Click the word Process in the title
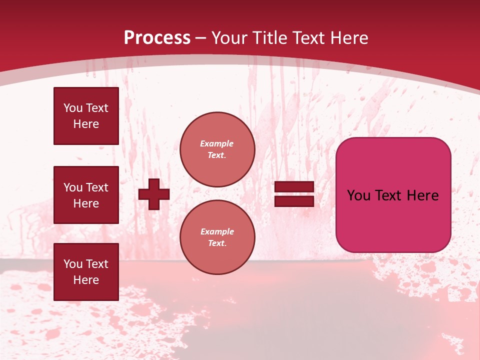157,38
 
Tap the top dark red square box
86,116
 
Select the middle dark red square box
86,195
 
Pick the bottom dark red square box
86,272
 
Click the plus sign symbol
154,194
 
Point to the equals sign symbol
294,194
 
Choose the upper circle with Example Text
217,149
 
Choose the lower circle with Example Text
217,237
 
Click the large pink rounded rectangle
393,195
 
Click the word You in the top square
73,108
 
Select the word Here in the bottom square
86,280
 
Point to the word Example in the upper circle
217,143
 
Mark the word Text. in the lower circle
217,243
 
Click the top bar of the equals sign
294,187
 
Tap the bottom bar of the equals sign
294,201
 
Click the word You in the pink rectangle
358,195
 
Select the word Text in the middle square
96,187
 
